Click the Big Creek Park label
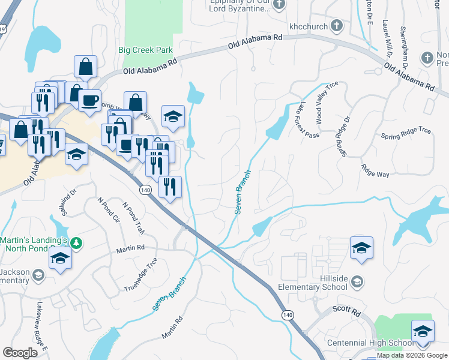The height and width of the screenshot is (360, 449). (145, 50)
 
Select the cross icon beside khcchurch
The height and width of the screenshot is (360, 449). (337, 26)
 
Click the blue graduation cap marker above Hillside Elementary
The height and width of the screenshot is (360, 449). (361, 247)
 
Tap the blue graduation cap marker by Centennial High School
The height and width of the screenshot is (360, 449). (423, 331)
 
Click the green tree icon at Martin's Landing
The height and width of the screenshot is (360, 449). (76, 243)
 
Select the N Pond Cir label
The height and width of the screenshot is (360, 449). (108, 211)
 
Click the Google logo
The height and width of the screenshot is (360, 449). (20, 353)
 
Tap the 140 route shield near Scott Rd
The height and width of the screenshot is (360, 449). (288, 314)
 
